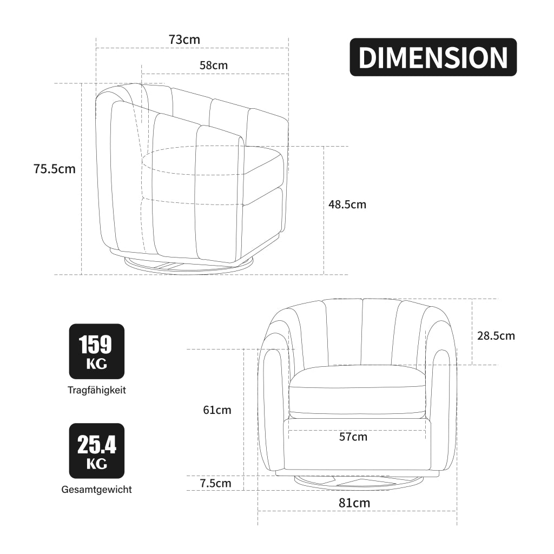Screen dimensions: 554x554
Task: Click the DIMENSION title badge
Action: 433,57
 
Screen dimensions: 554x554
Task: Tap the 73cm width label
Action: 184,39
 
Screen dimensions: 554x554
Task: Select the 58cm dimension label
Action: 213,65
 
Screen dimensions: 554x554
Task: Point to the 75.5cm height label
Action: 55,169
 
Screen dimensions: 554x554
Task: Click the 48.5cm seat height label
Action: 347,204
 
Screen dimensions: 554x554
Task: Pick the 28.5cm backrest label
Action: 496,335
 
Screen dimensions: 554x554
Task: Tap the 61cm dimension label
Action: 217,410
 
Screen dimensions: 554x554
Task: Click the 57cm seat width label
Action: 353,437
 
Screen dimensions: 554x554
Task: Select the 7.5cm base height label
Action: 215,483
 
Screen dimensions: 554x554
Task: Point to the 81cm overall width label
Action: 354,503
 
